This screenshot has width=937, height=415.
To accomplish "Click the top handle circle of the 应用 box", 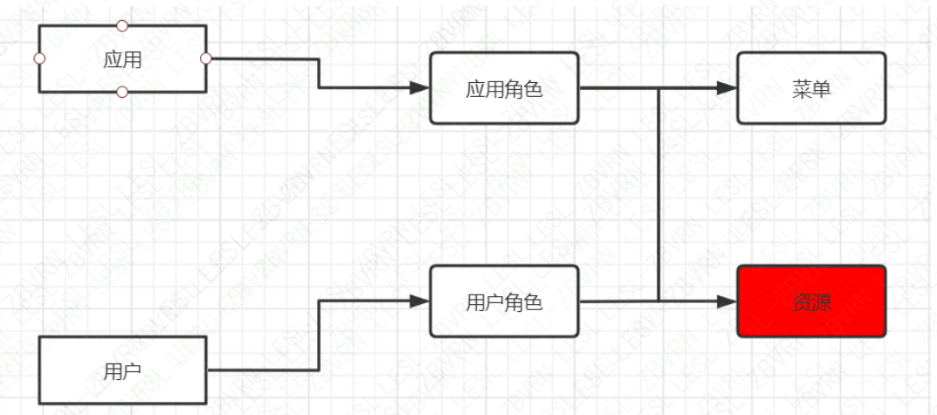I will [x=122, y=25].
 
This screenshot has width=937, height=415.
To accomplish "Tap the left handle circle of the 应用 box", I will [x=38, y=59].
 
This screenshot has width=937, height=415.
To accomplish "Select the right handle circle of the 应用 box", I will [x=206, y=59].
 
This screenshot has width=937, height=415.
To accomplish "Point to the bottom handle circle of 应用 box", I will [x=122, y=92].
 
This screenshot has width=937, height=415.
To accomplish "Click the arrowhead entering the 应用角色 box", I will [x=421, y=87].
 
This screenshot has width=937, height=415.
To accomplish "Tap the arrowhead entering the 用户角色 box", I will [x=421, y=301].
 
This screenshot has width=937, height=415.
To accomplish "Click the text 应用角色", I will [x=504, y=88].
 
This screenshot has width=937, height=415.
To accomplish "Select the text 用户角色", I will [x=504, y=302].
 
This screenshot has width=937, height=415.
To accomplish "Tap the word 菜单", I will [x=811, y=88].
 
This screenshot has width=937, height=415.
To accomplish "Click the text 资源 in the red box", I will [x=811, y=302].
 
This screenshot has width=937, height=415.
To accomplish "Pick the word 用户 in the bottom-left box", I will [x=122, y=371].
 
